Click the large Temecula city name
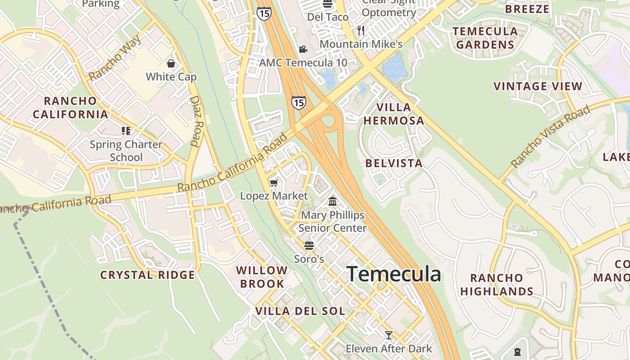click(394, 274)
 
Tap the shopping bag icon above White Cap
click(171, 63)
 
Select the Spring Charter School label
click(126, 151)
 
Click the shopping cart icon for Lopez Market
click(274, 183)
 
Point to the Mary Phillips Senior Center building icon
click(333, 201)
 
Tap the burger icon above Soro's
click(309, 245)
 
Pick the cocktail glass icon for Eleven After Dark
click(388, 335)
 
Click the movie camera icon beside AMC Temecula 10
click(303, 49)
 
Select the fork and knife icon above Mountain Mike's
click(361, 31)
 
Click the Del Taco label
click(328, 17)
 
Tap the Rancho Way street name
click(115, 58)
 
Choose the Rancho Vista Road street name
click(550, 136)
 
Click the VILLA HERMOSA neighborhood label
click(394, 114)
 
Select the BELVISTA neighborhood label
click(394, 163)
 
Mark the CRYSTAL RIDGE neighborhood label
click(148, 274)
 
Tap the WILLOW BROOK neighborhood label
click(262, 277)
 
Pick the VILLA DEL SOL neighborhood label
click(300, 311)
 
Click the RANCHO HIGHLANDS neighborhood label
click(497, 284)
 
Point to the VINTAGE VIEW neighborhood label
click(538, 86)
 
